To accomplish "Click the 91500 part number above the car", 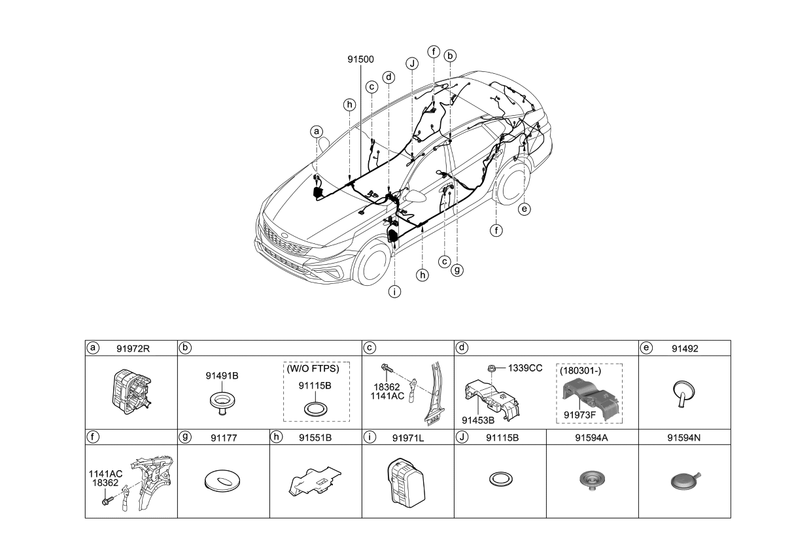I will (360, 59).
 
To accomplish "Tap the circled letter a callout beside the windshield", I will (317, 132).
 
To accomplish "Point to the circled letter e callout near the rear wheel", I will (523, 209).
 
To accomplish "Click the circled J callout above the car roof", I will (411, 63).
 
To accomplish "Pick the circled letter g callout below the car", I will (457, 268).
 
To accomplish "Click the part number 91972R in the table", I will (133, 348).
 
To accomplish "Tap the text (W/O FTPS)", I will (313, 369).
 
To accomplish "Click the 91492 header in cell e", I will (685, 348).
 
